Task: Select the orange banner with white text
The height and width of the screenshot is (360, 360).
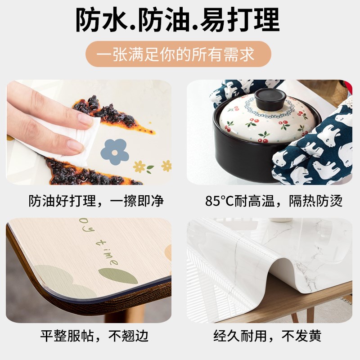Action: [179, 54]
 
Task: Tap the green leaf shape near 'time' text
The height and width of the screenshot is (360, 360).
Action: [112, 273]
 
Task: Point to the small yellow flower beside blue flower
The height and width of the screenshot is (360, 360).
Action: [140, 167]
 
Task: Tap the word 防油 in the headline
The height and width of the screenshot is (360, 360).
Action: [171, 20]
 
